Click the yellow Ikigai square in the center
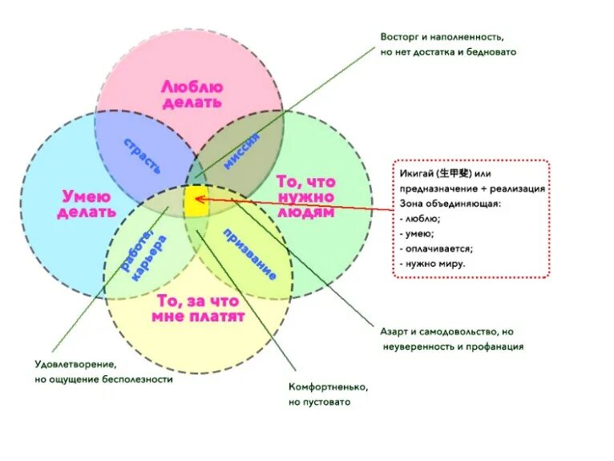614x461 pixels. tap(196, 201)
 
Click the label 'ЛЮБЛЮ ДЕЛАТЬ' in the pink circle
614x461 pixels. tap(192, 94)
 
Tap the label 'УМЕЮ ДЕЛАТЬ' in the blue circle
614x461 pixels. tap(87, 204)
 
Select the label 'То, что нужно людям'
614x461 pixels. tap(305, 197)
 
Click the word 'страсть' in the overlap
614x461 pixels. tap(143, 156)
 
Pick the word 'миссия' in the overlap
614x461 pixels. tap(242, 149)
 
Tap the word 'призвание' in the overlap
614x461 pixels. tap(251, 254)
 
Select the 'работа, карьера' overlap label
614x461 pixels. tap(145, 255)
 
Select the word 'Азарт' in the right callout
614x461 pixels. tap(394, 332)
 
